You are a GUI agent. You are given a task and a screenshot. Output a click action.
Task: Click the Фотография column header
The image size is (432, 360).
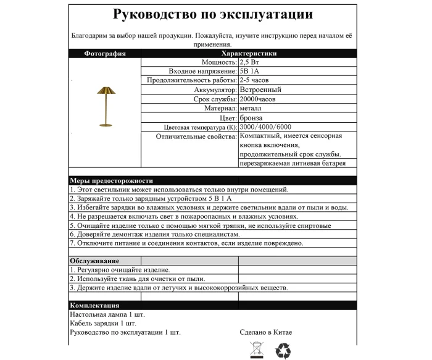click(x=105, y=54)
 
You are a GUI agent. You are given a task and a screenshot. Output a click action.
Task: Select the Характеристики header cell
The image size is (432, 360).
click(x=249, y=54)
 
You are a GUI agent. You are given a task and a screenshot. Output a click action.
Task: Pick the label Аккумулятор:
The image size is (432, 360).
click(x=211, y=90)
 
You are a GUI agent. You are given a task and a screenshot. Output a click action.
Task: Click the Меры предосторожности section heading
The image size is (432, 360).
click(x=111, y=180)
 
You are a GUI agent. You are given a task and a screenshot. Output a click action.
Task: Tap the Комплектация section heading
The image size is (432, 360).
click(x=94, y=306)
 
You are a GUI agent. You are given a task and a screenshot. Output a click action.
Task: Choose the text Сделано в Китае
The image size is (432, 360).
click(x=266, y=332)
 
